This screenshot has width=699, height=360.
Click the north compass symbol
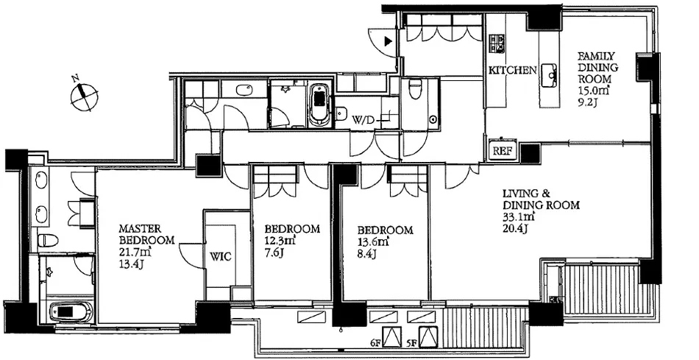pyautogui.click(x=85, y=93)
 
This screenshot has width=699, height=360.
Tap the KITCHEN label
pyautogui.click(x=512, y=70)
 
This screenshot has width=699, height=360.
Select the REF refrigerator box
pyautogui.click(x=502, y=150)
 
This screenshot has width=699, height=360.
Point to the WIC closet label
pyautogui.click(x=221, y=258)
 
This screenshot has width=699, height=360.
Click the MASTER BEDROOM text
pyautogui.click(x=146, y=234)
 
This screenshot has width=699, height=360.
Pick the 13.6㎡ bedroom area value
pyautogui.click(x=373, y=242)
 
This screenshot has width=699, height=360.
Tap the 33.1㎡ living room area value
pyautogui.click(x=519, y=217)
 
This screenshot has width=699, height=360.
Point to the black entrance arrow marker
pyautogui.click(x=388, y=41)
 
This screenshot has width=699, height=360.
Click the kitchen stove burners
pyautogui.click(x=497, y=43)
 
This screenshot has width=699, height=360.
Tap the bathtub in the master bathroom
pyautogui.click(x=70, y=311)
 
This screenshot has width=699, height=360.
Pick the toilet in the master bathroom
pyautogui.click(x=48, y=241)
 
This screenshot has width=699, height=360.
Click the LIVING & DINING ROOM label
pyautogui.click(x=541, y=200)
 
